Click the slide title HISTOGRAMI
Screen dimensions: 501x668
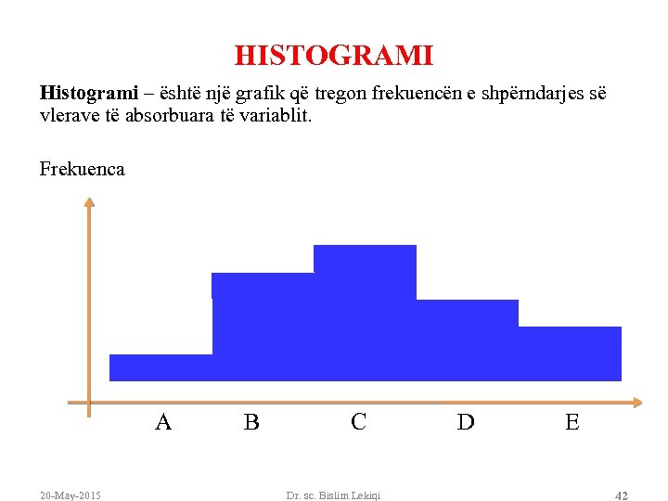(x=334, y=56)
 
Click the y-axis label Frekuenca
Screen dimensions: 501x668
(x=82, y=169)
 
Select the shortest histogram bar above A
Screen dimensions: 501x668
(x=161, y=367)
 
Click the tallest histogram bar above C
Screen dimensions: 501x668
(x=365, y=313)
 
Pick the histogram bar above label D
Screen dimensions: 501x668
(x=467, y=340)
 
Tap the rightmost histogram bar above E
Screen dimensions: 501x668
(x=570, y=353)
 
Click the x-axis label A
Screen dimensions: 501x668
(x=163, y=422)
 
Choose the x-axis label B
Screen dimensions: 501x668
(x=251, y=422)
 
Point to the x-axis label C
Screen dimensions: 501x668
(x=359, y=421)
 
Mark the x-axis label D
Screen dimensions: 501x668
(x=466, y=422)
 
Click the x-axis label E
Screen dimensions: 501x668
(x=572, y=422)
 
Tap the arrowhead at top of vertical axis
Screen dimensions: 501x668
(x=89, y=200)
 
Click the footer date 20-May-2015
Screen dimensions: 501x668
(x=71, y=495)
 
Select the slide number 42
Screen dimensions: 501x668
(x=622, y=495)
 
